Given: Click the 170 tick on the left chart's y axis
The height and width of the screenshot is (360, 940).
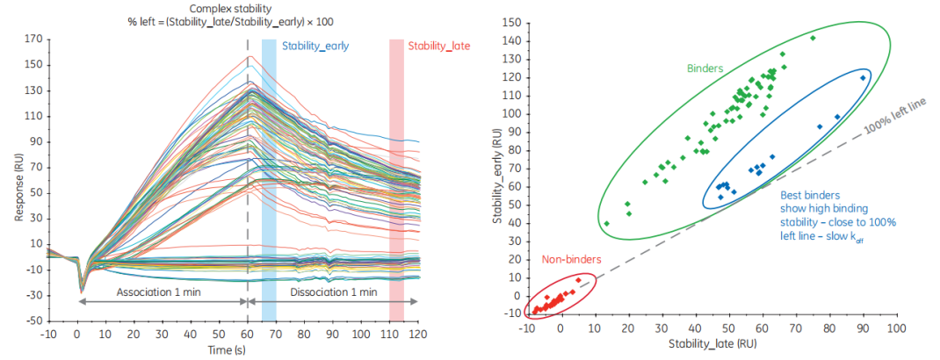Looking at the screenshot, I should coord(34,39).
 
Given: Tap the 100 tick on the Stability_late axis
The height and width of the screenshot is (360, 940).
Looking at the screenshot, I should coord(896,331).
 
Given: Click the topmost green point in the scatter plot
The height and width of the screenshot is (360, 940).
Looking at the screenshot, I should coord(813,38).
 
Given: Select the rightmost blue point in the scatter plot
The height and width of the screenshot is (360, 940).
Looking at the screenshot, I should coord(863,77).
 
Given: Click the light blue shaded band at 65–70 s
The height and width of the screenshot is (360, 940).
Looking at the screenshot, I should coord(269,176).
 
